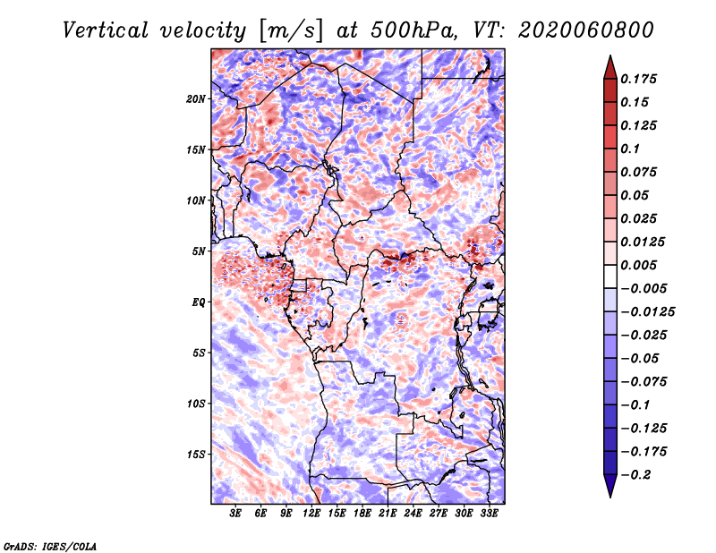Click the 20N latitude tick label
click(196, 98)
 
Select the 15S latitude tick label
click(196, 454)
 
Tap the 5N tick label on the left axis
click(198, 251)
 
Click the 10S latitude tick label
click(196, 404)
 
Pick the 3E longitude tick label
click(236, 515)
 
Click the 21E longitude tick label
click(388, 515)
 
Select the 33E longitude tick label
click(489, 515)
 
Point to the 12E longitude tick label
click(312, 515)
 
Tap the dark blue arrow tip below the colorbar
click(609, 489)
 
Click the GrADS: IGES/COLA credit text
click(49, 545)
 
